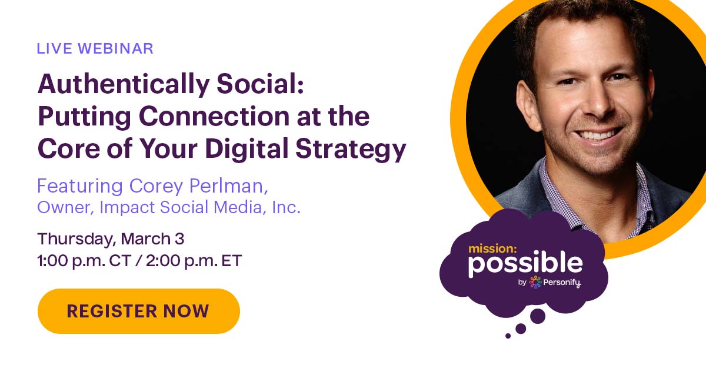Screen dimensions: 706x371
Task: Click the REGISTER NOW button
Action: click(x=139, y=311)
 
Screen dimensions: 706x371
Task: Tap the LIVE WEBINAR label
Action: click(x=95, y=48)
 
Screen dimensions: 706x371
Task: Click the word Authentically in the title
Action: click(x=124, y=85)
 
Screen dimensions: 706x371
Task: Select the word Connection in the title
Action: click(x=214, y=116)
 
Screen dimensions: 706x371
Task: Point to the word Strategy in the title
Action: click(x=351, y=149)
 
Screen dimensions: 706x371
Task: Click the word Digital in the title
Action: click(x=247, y=148)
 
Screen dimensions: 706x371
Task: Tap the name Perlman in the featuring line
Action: click(x=228, y=186)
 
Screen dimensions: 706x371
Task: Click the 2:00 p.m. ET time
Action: click(x=194, y=261)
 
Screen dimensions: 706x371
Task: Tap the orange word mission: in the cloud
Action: click(x=492, y=249)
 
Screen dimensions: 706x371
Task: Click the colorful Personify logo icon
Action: click(x=535, y=282)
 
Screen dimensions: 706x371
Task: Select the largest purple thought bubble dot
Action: click(x=538, y=316)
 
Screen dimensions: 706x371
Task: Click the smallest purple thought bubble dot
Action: click(x=508, y=336)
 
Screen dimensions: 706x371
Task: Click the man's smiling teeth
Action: click(x=597, y=135)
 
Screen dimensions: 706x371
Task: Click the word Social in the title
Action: click(x=260, y=84)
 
